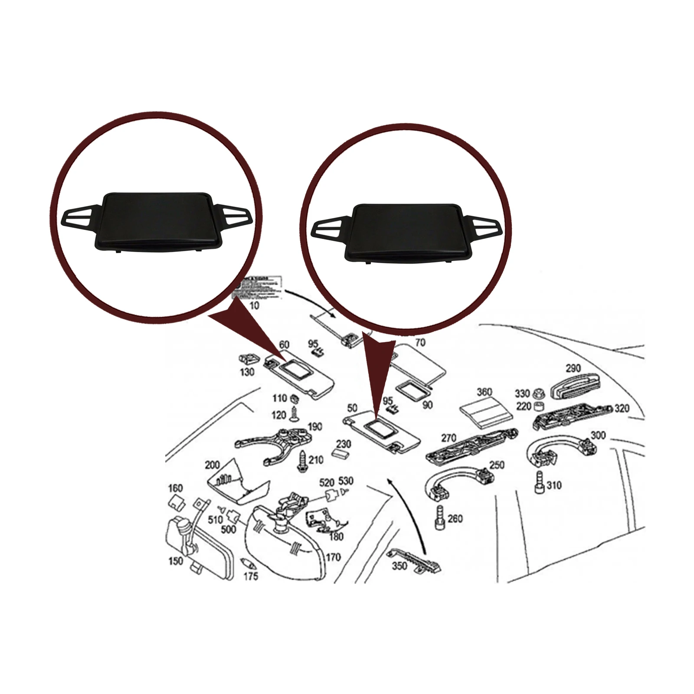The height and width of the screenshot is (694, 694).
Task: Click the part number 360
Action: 484,392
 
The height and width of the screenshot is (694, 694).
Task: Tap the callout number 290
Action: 573,368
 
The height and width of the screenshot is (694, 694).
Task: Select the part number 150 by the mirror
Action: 175,561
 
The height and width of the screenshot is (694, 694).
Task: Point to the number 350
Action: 399,565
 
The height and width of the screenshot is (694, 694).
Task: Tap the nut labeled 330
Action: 538,393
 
